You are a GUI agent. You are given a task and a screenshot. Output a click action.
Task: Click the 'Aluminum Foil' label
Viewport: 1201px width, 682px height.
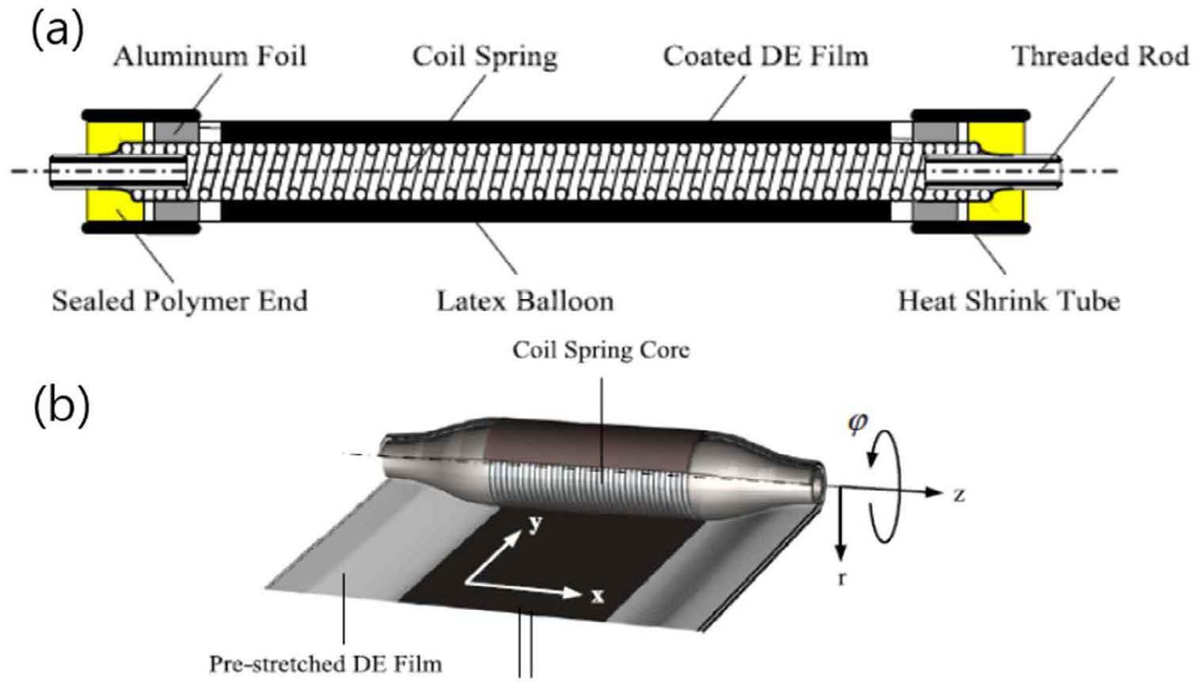pyautogui.click(x=210, y=56)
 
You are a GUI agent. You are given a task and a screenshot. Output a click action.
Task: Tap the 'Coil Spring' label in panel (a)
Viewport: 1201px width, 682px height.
pyautogui.click(x=485, y=56)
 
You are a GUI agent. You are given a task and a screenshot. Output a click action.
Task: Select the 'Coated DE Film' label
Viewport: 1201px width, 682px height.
pyautogui.click(x=766, y=56)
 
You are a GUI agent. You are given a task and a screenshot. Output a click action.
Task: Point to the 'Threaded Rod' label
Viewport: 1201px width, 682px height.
pyautogui.click(x=1100, y=56)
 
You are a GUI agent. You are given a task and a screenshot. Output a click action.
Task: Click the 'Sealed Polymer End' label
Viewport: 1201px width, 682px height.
pyautogui.click(x=180, y=301)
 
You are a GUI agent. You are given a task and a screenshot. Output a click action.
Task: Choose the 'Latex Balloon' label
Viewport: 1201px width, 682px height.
pyautogui.click(x=525, y=301)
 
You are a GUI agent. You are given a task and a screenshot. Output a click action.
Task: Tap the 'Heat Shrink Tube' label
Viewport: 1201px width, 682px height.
pyautogui.click(x=1009, y=301)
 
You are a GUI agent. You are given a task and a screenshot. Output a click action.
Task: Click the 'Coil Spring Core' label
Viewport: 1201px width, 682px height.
pyautogui.click(x=601, y=350)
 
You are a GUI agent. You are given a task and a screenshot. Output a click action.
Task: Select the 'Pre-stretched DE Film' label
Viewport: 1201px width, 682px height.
pyautogui.click(x=325, y=663)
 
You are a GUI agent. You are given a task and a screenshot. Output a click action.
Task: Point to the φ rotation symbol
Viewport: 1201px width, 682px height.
pyautogui.click(x=857, y=422)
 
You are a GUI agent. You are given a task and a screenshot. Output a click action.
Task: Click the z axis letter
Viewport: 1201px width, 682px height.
pyautogui.click(x=959, y=495)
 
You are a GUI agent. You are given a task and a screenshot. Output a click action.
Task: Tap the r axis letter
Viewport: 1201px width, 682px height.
pyautogui.click(x=842, y=578)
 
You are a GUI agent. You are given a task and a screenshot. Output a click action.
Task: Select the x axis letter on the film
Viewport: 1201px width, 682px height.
pyautogui.click(x=598, y=595)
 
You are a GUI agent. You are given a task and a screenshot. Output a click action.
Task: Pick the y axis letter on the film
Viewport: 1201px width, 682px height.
pyautogui.click(x=535, y=522)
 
